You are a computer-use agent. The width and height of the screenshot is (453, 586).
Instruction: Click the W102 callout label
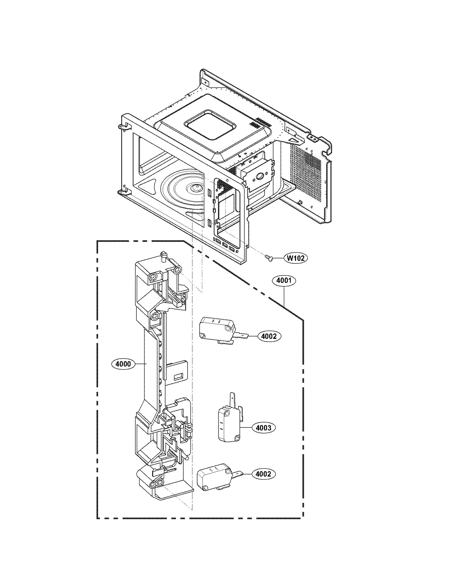coord(296,258)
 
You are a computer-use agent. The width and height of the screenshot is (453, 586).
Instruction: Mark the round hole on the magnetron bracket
coord(260,176)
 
